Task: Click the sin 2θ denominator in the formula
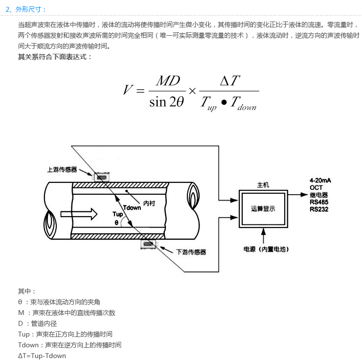point(166,102)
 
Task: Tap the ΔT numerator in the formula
point(230,81)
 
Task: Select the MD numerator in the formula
point(168,81)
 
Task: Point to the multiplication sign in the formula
point(192,91)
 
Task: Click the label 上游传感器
point(62,170)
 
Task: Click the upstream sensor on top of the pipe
point(101,177)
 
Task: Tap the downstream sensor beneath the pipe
point(148,244)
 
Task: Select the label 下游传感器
point(191,252)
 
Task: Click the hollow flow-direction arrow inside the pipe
point(79,214)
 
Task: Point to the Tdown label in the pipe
point(132,208)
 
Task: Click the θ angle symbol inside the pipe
point(116,223)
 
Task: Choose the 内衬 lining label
point(149,203)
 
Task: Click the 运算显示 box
point(263,209)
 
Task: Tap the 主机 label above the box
point(263,185)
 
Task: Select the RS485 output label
point(319,202)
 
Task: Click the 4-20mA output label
point(320,180)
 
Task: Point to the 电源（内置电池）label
point(266,249)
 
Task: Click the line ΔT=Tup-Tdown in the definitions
point(42,356)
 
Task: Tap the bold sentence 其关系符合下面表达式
point(54,57)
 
